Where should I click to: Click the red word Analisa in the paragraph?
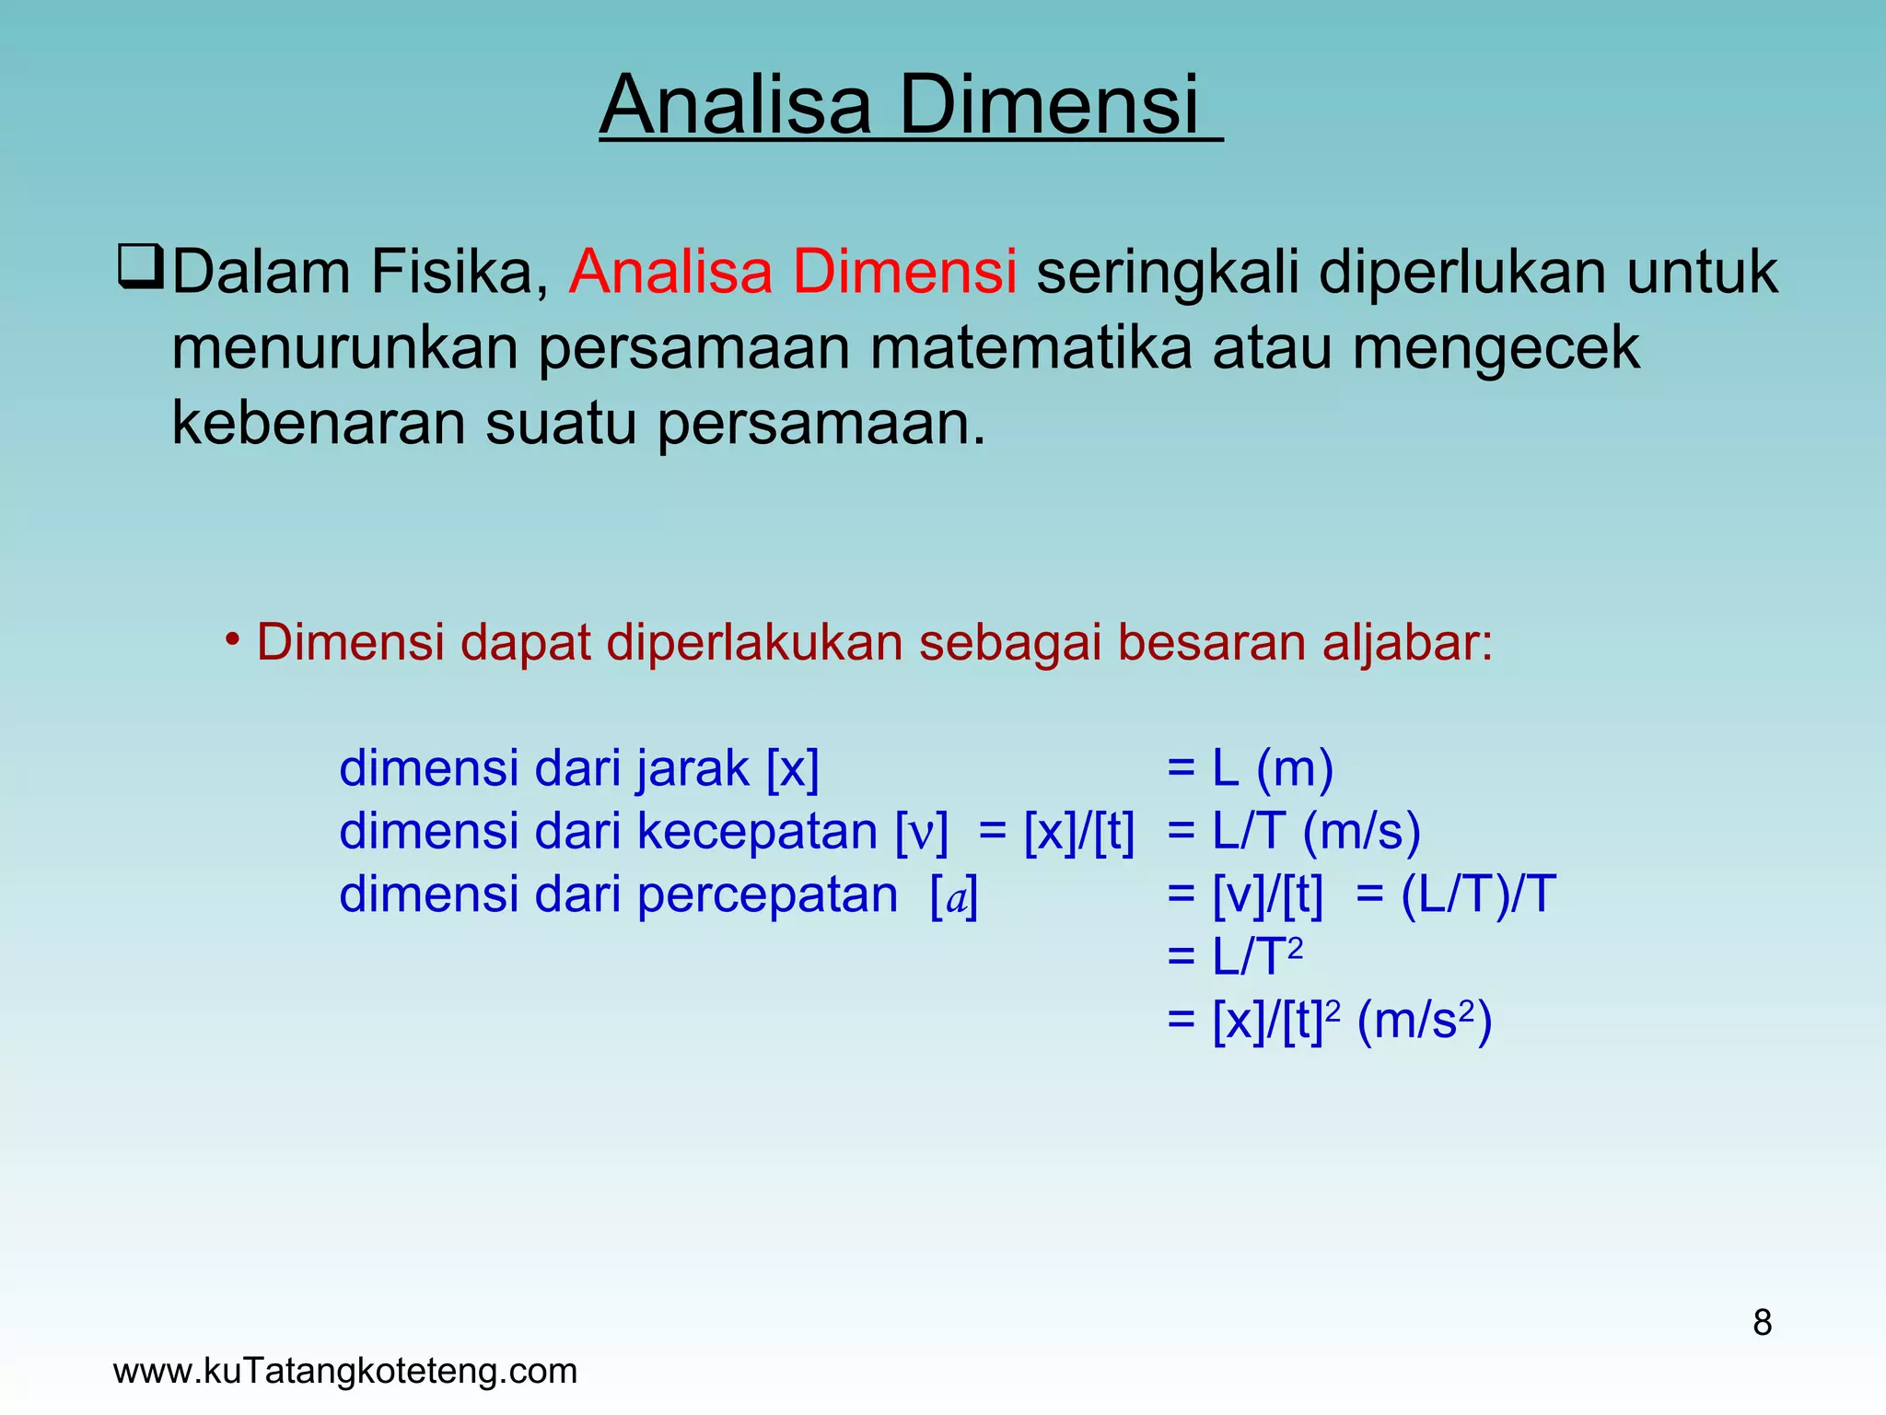point(670,272)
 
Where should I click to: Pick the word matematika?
point(1030,348)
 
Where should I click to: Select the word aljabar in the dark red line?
point(1407,643)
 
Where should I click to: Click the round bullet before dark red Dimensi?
point(233,638)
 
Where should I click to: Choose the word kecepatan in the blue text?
point(757,832)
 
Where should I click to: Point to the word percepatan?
point(767,895)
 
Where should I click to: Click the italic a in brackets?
point(955,897)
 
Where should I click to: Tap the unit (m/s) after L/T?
point(1361,831)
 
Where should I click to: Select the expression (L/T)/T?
point(1478,895)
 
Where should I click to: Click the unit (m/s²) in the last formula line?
point(1424,1021)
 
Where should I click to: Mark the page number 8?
point(1762,1323)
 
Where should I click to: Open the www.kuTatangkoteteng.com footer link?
point(345,1371)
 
